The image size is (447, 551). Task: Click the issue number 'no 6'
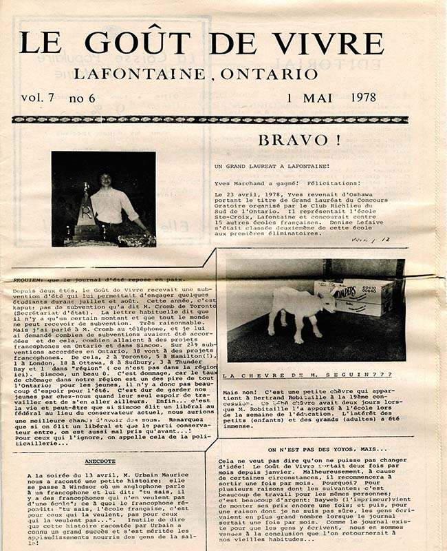click(83, 97)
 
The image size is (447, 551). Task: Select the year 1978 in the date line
click(359, 97)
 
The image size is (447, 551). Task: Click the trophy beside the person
click(86, 210)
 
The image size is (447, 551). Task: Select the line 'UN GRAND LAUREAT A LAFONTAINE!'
click(262, 167)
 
